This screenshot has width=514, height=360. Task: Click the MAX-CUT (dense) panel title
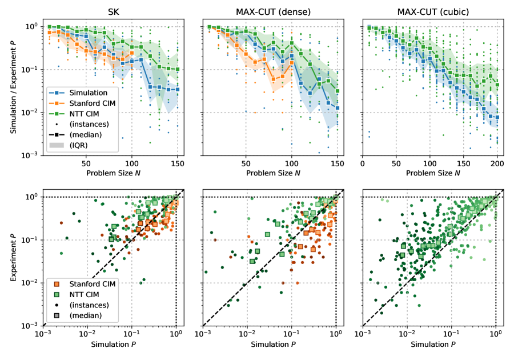tap(271, 11)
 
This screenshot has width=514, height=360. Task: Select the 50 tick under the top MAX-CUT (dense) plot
tap(247, 162)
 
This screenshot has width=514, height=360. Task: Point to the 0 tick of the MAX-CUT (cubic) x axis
tap(363, 162)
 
